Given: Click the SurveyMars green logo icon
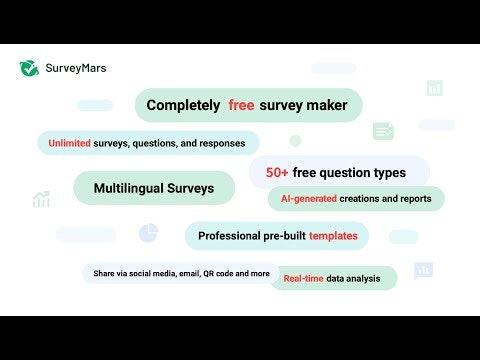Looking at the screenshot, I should tap(29, 68).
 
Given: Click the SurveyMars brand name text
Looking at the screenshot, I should tap(76, 68).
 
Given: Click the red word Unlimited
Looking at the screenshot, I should tap(67, 143).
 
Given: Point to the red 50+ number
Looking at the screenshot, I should tap(278, 172).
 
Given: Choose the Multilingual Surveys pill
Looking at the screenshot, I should tap(154, 188).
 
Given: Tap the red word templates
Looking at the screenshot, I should tap(333, 236).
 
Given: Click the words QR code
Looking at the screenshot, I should tap(222, 272).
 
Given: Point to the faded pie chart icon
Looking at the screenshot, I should tap(149, 232).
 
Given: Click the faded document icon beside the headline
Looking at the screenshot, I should tap(383, 131).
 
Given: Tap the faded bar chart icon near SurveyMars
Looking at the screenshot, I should tap(434, 88).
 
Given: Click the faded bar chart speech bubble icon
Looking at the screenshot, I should tap(424, 270).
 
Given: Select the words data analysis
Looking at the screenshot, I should tap(356, 278).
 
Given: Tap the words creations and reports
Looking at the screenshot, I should tap(385, 199).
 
